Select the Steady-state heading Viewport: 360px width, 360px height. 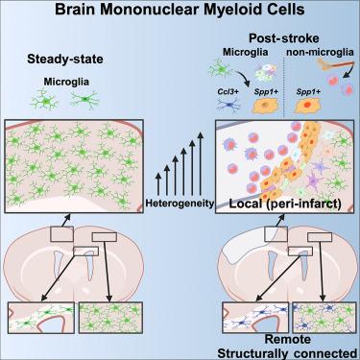tap(65, 60)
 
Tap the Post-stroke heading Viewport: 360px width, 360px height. tap(284, 38)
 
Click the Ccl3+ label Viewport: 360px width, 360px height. tap(225, 92)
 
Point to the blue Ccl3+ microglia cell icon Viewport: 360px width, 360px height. tap(228, 106)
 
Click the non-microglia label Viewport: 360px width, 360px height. tap(320, 52)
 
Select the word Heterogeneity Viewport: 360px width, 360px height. tap(180, 203)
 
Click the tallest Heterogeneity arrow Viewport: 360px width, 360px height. tap(201, 163)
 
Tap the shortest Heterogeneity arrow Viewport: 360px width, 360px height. tap(157, 184)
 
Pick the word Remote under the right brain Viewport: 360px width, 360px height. tap(288, 339)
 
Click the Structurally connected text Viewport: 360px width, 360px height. tap(287, 353)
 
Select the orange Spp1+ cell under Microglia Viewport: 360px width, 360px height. tap(265, 106)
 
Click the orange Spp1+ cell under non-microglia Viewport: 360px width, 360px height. tap(306, 106)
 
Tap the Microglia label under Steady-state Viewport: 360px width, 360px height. tap(66, 82)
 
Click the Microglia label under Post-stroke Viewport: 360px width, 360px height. tap(246, 52)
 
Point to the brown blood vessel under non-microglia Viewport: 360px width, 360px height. tap(331, 65)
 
